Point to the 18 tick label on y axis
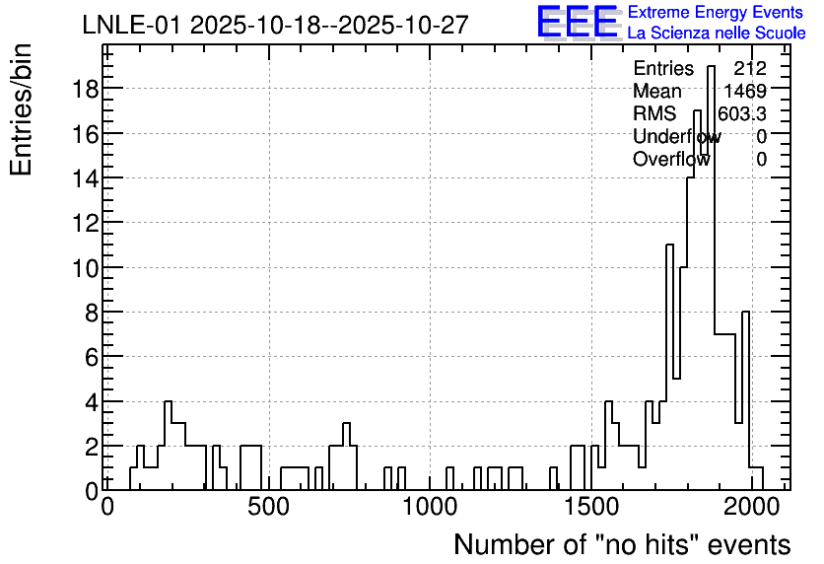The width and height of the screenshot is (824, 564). coord(86,89)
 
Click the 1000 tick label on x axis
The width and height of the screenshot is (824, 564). coord(430,507)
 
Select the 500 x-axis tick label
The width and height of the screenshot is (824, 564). coord(268,507)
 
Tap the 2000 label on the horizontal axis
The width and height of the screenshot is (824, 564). coord(752,507)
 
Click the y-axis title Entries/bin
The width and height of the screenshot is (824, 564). coord(22,109)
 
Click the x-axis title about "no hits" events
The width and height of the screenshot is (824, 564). coord(622,544)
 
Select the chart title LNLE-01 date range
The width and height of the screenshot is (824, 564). coord(275,25)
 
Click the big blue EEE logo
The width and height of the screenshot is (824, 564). coord(577,22)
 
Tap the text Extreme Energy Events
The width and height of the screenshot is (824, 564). coord(716,12)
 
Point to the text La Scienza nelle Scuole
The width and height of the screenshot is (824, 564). coord(717,33)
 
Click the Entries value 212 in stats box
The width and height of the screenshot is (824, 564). coord(750,68)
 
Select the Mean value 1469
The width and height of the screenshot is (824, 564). coord(745,91)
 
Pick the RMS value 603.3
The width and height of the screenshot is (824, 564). coord(742,113)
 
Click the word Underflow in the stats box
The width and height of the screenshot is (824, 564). coord(677,136)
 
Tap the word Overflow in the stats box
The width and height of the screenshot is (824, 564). coord(671,159)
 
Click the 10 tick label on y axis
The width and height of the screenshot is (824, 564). coord(86,268)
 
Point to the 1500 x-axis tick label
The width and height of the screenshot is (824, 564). coord(591,507)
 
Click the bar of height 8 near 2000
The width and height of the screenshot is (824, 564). coord(745,400)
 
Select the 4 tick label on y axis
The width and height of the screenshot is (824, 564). coord(93,402)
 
